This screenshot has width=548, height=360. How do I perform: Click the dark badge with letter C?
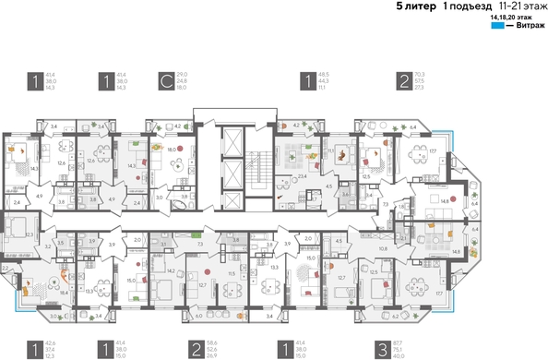(166, 81)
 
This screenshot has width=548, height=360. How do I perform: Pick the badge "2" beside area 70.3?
(403, 81)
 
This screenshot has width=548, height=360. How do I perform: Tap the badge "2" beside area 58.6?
(197, 350)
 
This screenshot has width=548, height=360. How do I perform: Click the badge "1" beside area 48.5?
(304, 81)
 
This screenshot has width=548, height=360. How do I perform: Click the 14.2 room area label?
(171, 270)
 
